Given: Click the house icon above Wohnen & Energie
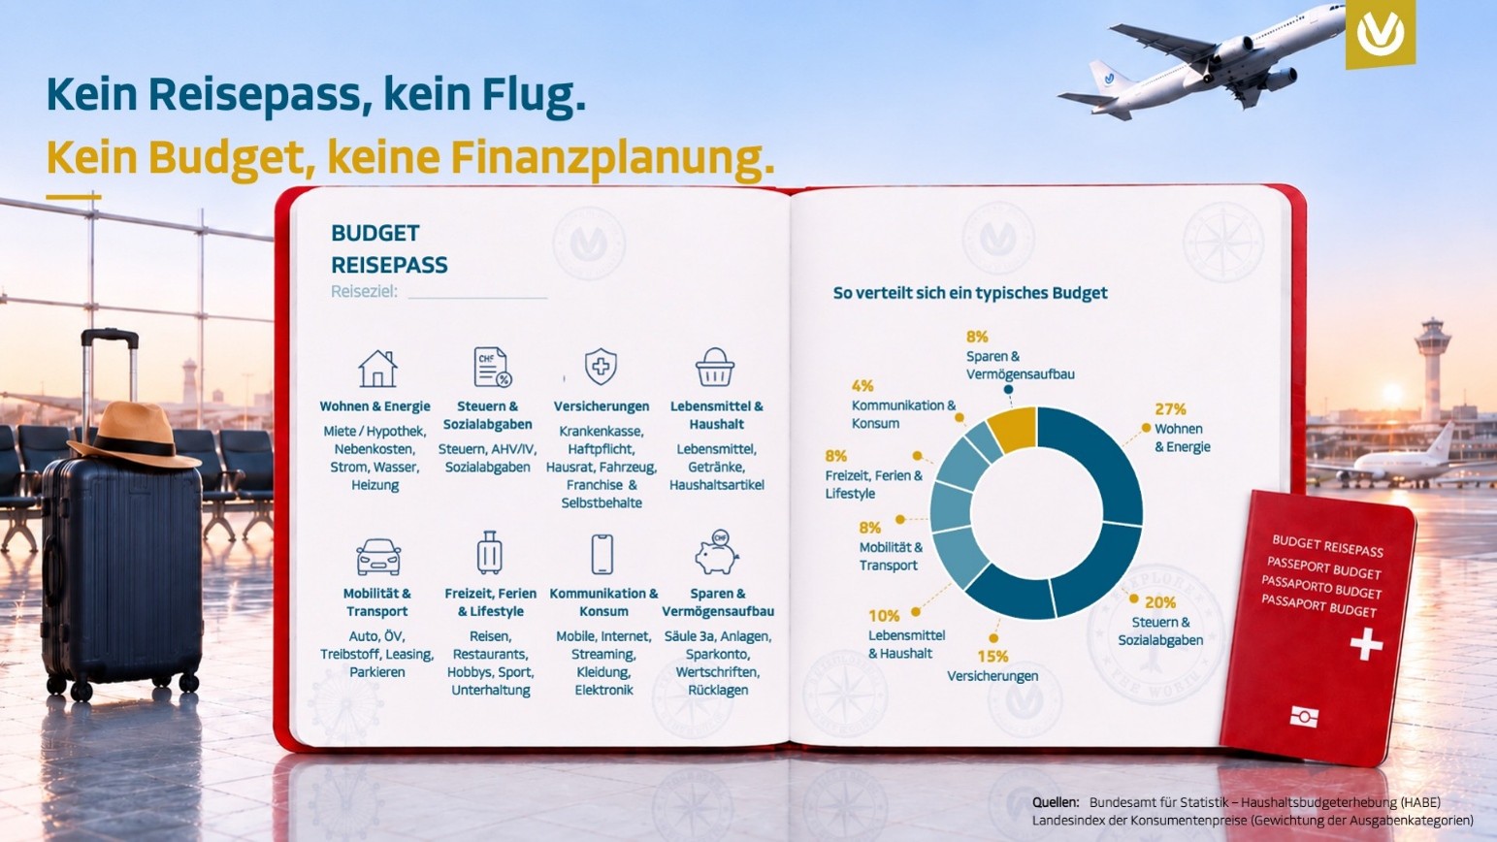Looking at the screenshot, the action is point(377,369).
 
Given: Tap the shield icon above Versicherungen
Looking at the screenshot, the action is point(601,367).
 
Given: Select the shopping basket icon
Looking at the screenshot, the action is point(715,367).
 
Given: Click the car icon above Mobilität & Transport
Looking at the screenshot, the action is point(378,557).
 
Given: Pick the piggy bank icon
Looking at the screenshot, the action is point(716,553).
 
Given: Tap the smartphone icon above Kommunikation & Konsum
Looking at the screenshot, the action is point(602,554).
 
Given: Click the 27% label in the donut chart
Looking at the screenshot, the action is point(1170,409).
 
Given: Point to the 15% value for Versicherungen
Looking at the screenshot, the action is point(993,656).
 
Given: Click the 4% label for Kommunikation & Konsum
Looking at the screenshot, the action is point(862,385).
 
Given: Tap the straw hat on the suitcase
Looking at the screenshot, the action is point(134,435).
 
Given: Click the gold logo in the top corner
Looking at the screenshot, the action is point(1380,33).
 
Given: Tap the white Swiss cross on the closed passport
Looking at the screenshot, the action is point(1366,643).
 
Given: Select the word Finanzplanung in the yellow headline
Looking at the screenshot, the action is point(613,158).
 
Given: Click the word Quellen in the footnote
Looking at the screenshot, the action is point(1056,802).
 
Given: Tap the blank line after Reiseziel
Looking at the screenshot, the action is point(477,298).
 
